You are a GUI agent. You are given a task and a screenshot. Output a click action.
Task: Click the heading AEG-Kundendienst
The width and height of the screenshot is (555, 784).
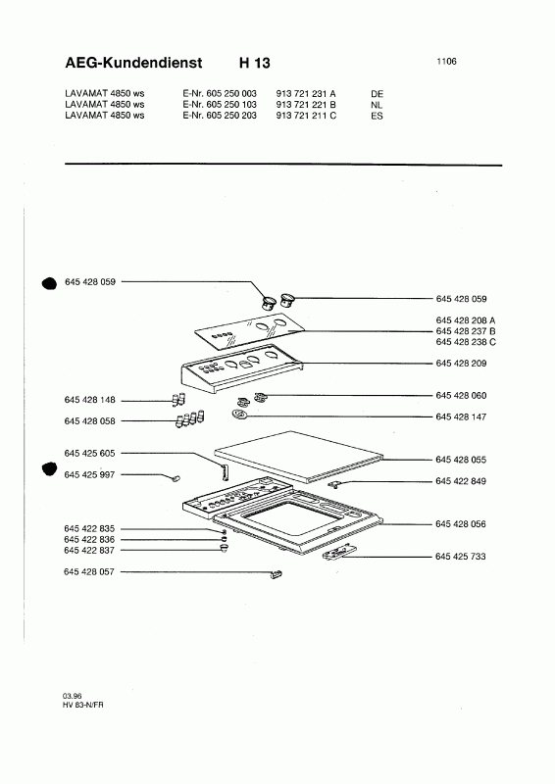coord(133,63)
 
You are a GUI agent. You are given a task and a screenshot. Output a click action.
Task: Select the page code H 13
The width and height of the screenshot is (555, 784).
coord(255,63)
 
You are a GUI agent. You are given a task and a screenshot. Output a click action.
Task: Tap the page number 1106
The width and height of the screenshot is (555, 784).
coord(446,61)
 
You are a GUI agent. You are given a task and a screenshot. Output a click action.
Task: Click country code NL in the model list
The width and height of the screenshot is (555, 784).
coord(377,105)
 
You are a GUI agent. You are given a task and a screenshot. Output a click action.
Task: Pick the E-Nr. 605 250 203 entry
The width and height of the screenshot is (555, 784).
coord(220,116)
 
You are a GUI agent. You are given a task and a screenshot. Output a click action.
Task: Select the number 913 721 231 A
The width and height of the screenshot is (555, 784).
coord(306,93)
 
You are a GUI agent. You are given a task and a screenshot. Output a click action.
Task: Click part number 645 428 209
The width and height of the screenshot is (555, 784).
coord(461,363)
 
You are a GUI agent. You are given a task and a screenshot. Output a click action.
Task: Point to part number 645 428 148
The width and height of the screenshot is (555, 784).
coord(89,400)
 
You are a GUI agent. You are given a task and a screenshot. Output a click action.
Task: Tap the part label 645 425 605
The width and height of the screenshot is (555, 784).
coord(89,453)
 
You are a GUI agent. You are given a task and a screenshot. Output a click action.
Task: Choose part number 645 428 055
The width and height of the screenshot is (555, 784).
coord(461,460)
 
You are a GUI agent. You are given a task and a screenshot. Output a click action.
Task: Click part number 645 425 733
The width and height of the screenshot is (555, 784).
coord(461,556)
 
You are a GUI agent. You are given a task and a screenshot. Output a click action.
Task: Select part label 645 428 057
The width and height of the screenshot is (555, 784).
coord(89,571)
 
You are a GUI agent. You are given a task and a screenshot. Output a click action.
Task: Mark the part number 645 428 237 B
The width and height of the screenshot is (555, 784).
coord(466,331)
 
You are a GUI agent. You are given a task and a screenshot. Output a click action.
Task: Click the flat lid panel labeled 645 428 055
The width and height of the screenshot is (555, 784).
coord(298,457)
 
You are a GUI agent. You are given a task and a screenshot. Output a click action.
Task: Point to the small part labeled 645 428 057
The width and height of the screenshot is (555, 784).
coord(277,574)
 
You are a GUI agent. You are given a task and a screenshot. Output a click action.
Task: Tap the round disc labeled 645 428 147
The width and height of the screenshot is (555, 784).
coord(239,415)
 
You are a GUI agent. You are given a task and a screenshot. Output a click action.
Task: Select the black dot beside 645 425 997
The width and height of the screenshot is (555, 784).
coord(49,469)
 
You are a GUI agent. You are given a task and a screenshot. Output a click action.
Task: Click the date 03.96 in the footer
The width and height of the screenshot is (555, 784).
coord(72,696)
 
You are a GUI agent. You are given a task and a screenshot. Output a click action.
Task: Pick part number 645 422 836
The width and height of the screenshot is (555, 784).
coord(89,540)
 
